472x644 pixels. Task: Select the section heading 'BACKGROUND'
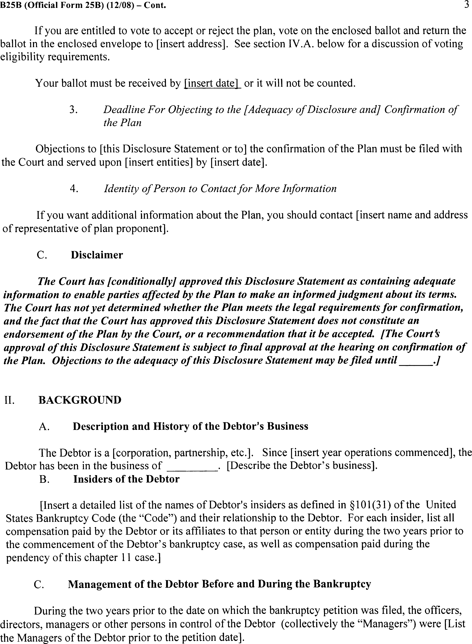[x=80, y=400]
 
